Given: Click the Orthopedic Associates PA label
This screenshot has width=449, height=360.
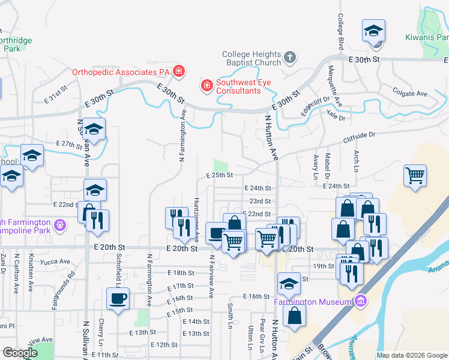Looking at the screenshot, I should pyautogui.click(x=122, y=72).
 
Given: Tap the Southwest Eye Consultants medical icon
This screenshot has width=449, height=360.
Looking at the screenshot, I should pyautogui.click(x=206, y=85).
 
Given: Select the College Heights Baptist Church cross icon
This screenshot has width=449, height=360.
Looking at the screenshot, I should pyautogui.click(x=289, y=58).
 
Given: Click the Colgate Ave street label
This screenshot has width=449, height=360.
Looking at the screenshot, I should pyautogui.click(x=409, y=94).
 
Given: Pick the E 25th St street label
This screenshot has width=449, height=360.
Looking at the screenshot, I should pyautogui.click(x=218, y=175).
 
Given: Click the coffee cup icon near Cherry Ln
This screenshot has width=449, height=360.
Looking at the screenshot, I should pyautogui.click(x=118, y=298).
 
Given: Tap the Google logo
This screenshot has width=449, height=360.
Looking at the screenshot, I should pyautogui.click(x=20, y=353).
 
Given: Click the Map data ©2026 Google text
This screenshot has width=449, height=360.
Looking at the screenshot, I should pyautogui.click(x=412, y=355).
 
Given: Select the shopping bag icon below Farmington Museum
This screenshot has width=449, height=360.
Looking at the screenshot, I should pyautogui.click(x=295, y=316).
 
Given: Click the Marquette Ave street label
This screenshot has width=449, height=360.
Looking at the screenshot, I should pyautogui.click(x=337, y=94).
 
